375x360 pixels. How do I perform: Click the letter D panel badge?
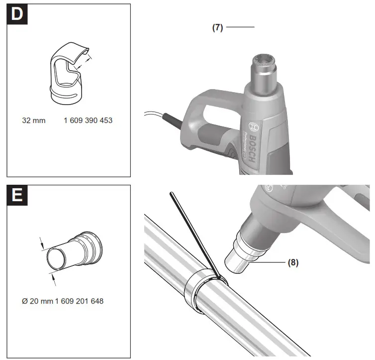[17, 14]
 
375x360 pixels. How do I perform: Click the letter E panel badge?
[17, 196]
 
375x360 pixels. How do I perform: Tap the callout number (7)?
[217, 27]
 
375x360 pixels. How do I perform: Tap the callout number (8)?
[293, 262]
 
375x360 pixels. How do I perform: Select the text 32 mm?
[34, 120]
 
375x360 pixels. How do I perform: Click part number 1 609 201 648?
[79, 301]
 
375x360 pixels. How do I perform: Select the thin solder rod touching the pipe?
[194, 234]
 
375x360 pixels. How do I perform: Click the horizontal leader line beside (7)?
[240, 27]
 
